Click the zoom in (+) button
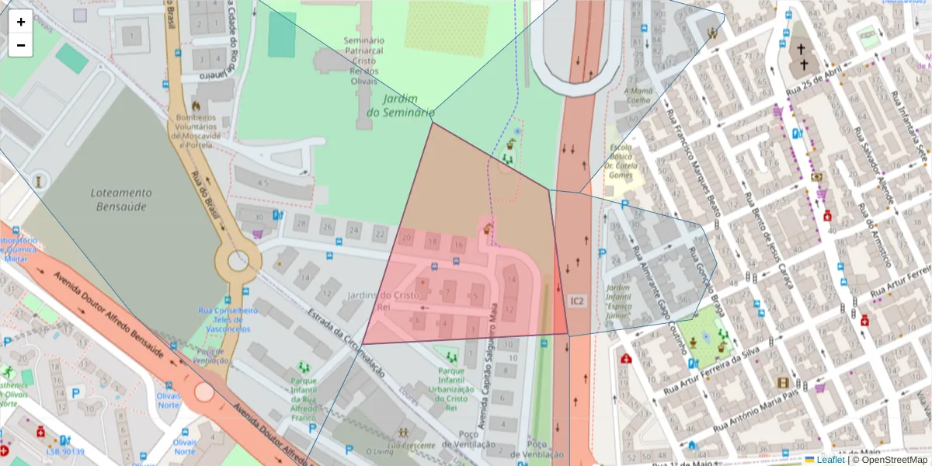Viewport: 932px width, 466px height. (20, 22)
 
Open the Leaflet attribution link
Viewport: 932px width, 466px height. (830, 460)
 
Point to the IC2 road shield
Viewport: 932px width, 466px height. (576, 301)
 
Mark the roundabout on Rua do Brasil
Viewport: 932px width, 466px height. (238, 262)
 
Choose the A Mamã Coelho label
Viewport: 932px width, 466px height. (637, 95)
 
